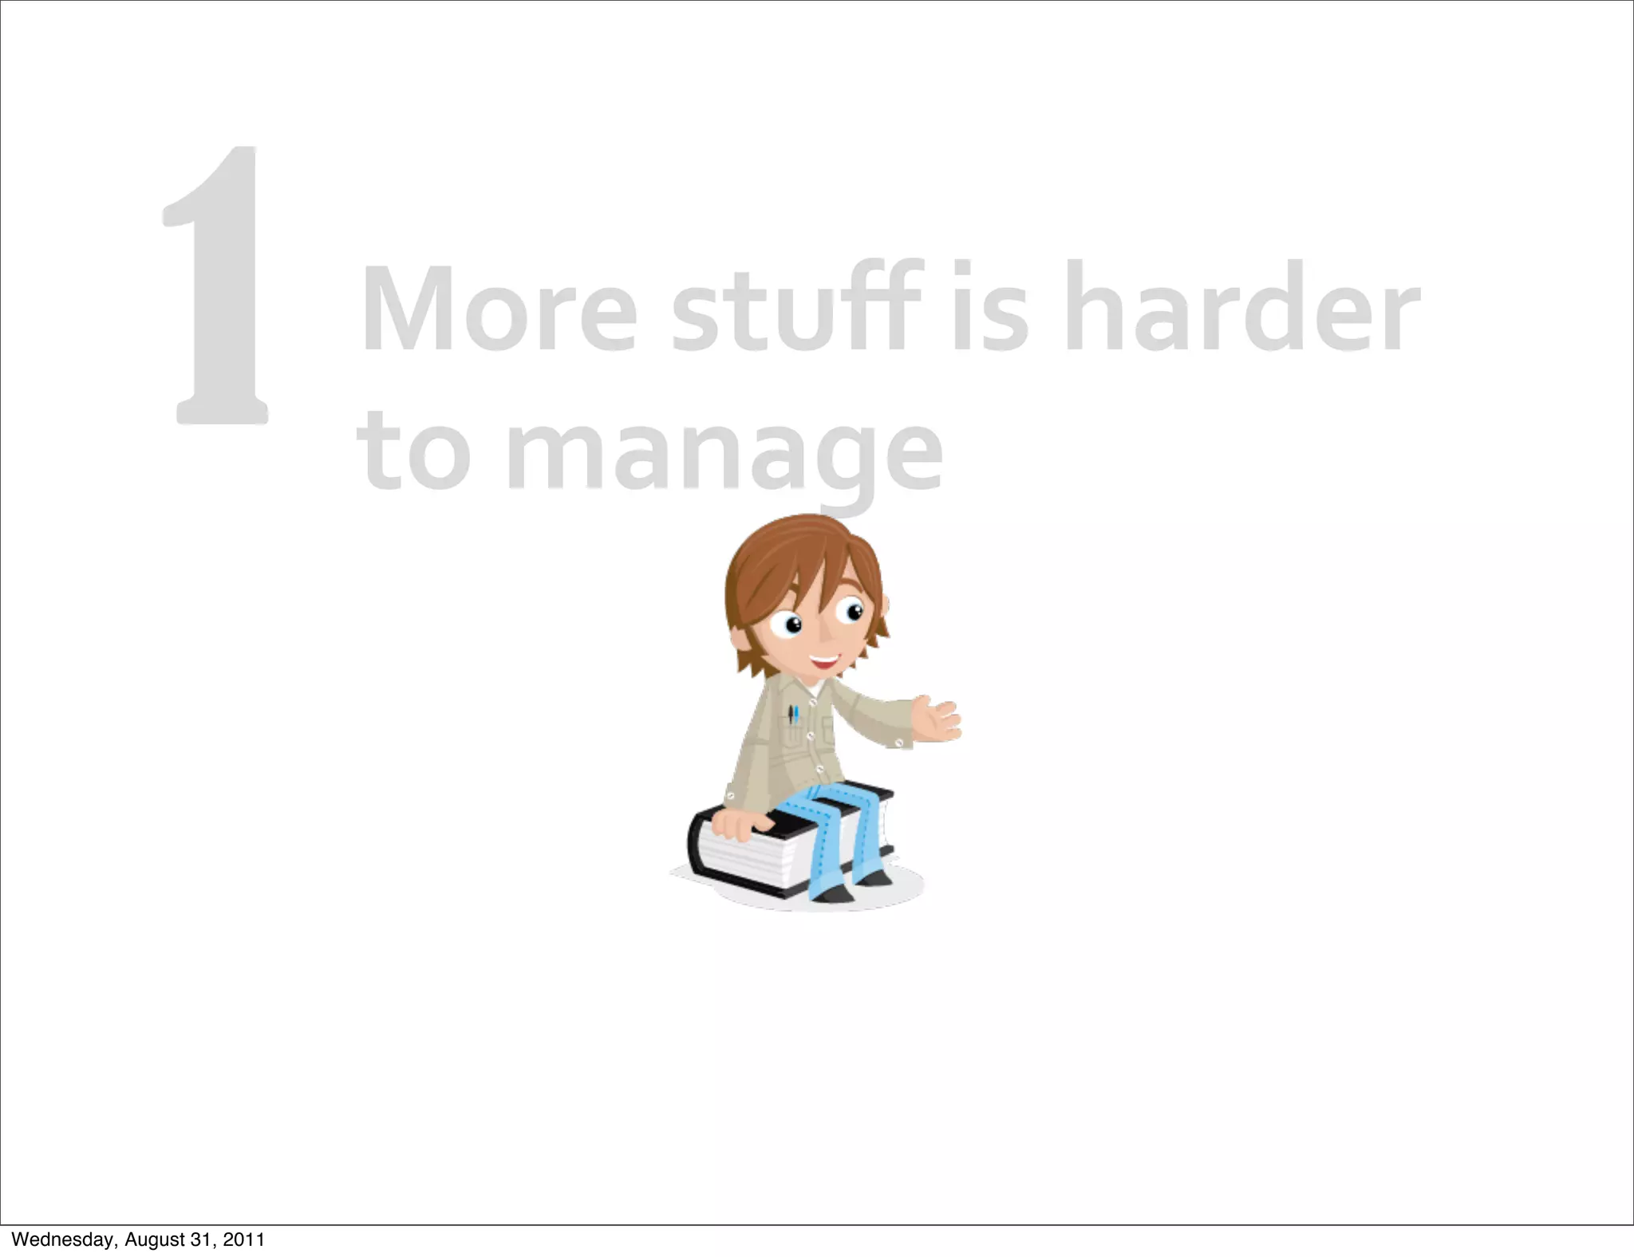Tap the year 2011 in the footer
tap(244, 1239)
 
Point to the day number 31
tap(199, 1239)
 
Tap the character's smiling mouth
tap(824, 661)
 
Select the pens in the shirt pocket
tap(793, 713)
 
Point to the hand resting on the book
tap(736, 826)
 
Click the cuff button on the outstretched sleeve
tap(899, 743)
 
